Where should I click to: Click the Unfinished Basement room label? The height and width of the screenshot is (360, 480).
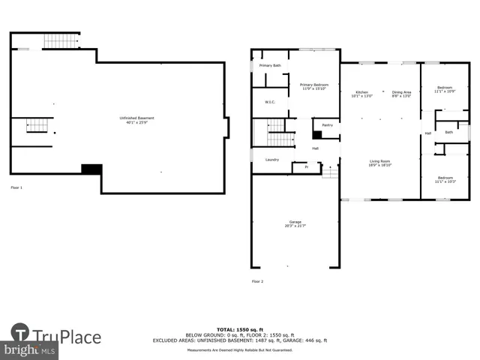136,118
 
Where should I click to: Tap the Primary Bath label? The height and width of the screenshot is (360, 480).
270,66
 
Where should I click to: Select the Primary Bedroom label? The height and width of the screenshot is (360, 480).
315,86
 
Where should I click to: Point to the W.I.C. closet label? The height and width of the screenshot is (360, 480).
270,102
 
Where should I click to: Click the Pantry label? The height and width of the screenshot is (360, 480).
327,125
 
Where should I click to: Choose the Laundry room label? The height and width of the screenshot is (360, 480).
271,159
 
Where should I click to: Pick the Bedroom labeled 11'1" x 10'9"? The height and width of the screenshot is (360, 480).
445,89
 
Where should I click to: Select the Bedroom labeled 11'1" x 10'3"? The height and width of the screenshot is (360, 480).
445,179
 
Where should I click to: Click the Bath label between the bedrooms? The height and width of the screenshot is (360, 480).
448,132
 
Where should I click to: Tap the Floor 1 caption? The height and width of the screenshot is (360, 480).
16,187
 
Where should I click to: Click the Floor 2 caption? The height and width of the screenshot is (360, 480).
257,281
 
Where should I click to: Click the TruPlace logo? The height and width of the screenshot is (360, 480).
56,336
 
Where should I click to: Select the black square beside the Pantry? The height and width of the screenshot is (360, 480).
317,135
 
